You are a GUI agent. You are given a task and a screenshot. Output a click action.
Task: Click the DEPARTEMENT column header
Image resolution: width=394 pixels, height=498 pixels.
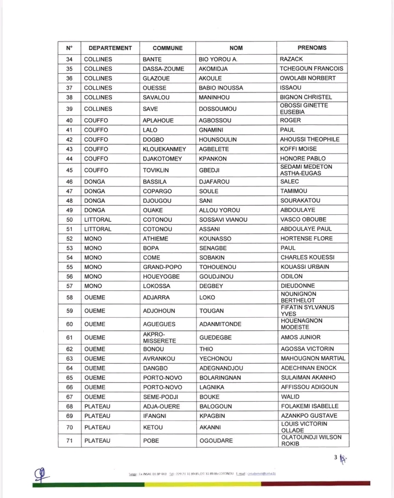pos(110,48)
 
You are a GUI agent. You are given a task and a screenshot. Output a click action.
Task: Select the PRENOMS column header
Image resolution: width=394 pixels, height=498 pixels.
pos(312,48)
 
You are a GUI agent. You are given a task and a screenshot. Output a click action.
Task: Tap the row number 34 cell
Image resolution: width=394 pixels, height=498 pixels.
pos(69,60)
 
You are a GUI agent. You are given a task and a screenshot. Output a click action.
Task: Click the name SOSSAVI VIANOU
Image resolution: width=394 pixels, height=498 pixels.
pos(223,220)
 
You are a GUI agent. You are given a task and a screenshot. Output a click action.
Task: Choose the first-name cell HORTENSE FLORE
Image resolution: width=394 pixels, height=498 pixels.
pos(306,238)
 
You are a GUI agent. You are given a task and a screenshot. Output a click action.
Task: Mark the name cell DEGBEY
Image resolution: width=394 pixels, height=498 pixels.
pos(211,285)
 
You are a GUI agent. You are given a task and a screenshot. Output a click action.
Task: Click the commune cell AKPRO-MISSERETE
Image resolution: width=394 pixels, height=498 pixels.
pos(159,337)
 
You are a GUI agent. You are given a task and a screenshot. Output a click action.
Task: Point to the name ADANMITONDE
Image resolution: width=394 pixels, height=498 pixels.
pos(221,324)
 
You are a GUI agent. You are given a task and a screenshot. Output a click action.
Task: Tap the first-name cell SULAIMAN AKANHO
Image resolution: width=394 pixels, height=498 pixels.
pos(309,377)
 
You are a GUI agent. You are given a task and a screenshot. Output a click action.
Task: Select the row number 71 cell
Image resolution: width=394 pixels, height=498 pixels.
pos(69,440)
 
